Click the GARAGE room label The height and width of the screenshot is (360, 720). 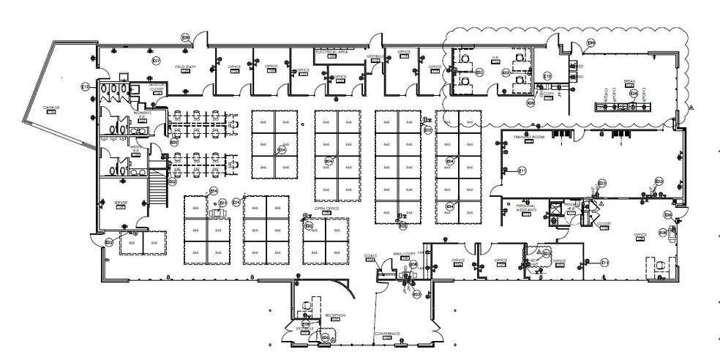(x=50, y=108)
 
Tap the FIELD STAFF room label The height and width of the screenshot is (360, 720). (x=184, y=67)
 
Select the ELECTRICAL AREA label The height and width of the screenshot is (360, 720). (x=331, y=53)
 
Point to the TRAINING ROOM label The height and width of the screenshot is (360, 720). (x=525, y=136)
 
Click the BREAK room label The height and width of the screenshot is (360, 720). (x=629, y=81)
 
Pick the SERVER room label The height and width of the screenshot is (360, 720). (x=120, y=203)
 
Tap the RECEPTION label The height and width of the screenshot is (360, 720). (x=335, y=315)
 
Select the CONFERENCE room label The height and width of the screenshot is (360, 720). (x=388, y=334)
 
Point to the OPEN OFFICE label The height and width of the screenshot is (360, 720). (x=325, y=209)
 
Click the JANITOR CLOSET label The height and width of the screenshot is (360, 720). (x=156, y=86)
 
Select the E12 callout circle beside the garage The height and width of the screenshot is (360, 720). (x=85, y=87)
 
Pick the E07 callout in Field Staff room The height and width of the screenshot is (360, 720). (x=156, y=61)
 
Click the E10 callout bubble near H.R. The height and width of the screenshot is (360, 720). (x=547, y=76)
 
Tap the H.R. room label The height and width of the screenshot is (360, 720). (x=495, y=57)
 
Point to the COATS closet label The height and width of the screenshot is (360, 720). (x=370, y=256)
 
